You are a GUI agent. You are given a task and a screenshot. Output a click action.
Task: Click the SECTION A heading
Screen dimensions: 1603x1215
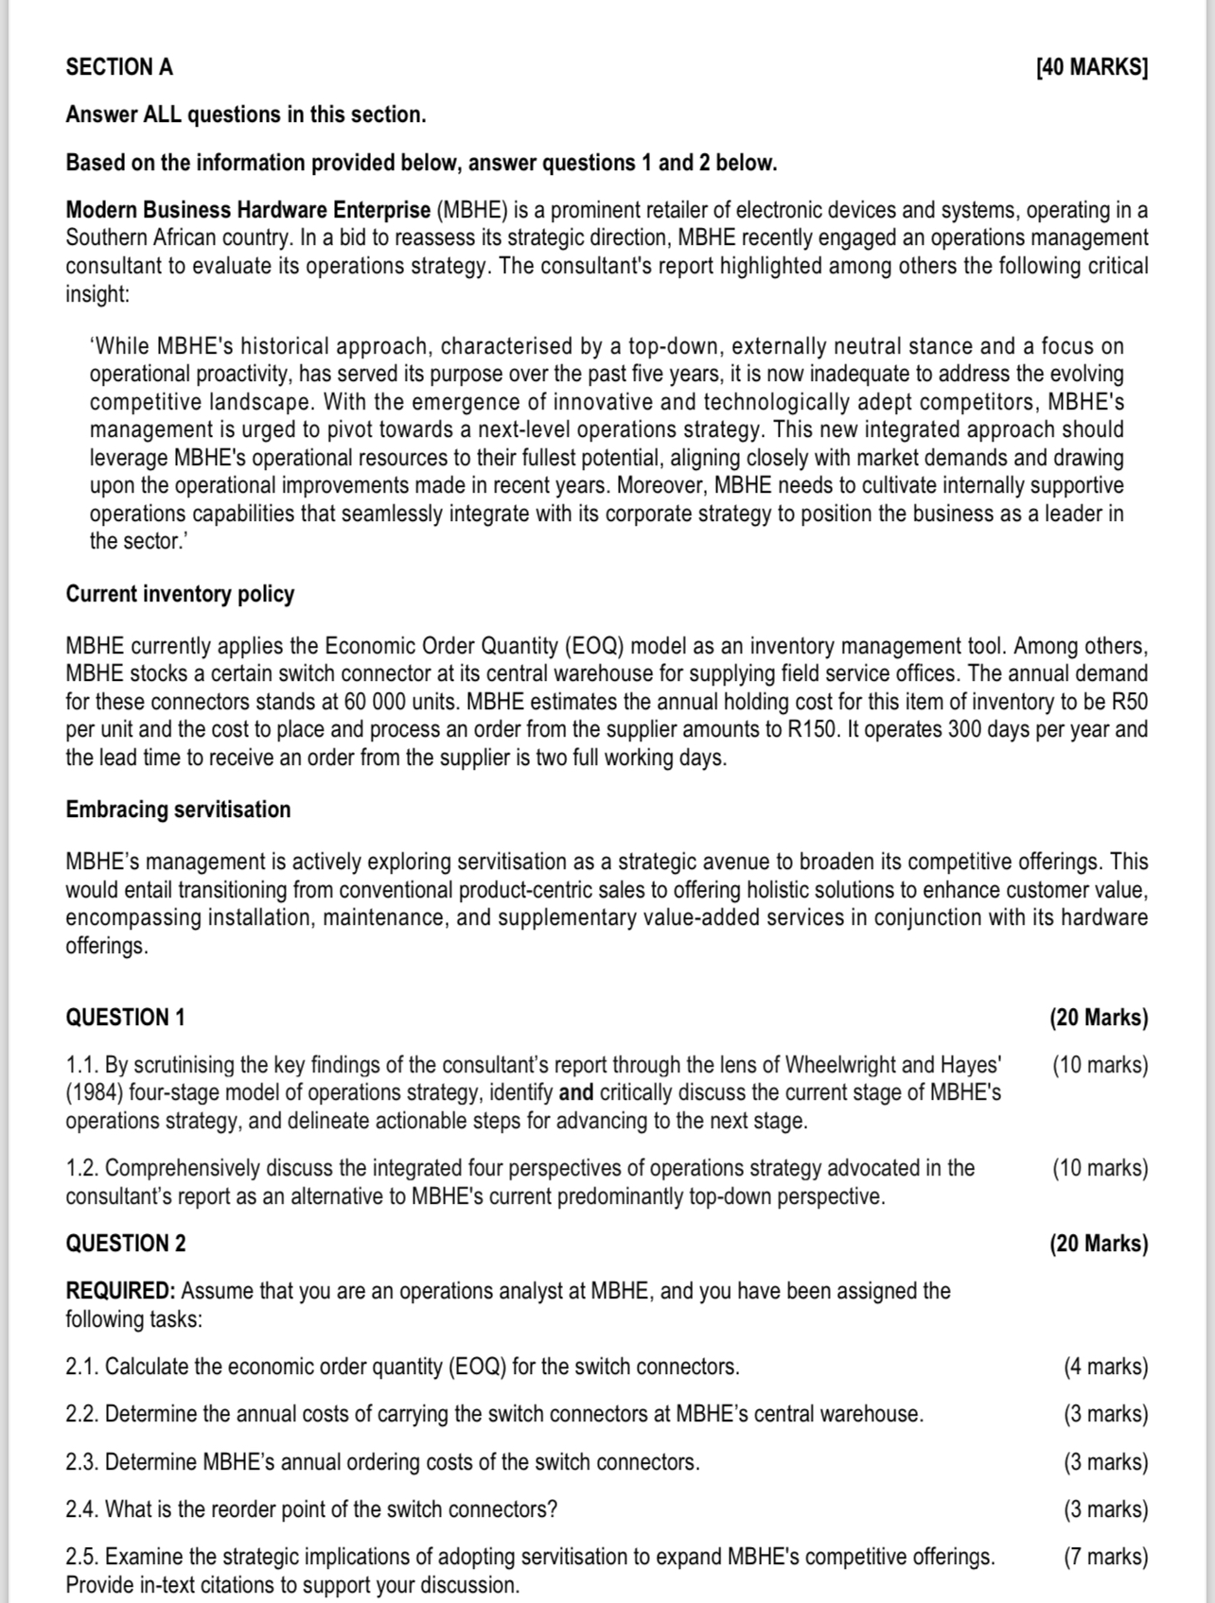119,67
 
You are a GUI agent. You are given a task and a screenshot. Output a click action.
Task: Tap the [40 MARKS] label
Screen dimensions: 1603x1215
1091,67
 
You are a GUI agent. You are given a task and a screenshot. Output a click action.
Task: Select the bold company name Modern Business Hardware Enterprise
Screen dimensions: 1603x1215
248,210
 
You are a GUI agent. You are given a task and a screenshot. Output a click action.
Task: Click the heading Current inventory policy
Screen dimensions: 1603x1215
180,594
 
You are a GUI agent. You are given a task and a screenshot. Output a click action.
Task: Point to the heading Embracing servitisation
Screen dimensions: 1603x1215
178,810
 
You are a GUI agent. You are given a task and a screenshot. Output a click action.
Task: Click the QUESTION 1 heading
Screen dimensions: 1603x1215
125,1018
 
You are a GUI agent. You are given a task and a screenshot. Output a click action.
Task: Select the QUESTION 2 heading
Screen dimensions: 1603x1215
125,1244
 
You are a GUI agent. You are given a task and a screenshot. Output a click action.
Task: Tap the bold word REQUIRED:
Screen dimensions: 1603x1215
120,1291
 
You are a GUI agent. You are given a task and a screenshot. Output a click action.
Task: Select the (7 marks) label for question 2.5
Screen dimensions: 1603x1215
1105,1557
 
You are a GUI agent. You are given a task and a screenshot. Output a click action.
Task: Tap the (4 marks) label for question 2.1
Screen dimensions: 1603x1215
1105,1367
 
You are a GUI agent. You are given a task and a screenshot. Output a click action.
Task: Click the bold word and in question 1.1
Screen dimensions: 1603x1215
576,1093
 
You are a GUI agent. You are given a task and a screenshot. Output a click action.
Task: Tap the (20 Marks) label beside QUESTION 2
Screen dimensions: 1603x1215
1098,1244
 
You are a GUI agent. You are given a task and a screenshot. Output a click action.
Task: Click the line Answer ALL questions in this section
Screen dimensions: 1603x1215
246,115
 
